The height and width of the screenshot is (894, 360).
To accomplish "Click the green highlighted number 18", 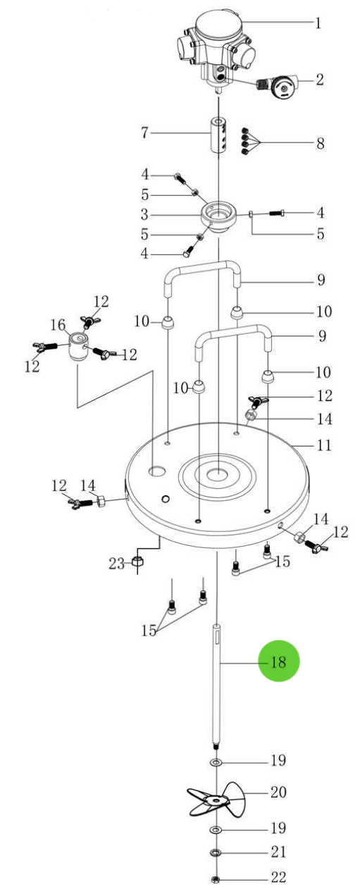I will click(x=278, y=662).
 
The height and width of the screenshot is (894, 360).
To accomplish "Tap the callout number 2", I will click(x=318, y=80).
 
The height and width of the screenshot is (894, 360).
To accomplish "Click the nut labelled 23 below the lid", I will click(x=138, y=563).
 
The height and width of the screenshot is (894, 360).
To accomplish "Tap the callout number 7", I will click(x=144, y=132).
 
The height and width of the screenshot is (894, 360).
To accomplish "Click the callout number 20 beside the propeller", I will click(x=278, y=793).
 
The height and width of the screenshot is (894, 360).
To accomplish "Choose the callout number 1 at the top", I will click(x=318, y=24).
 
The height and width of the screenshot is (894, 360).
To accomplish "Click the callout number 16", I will click(x=58, y=325).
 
